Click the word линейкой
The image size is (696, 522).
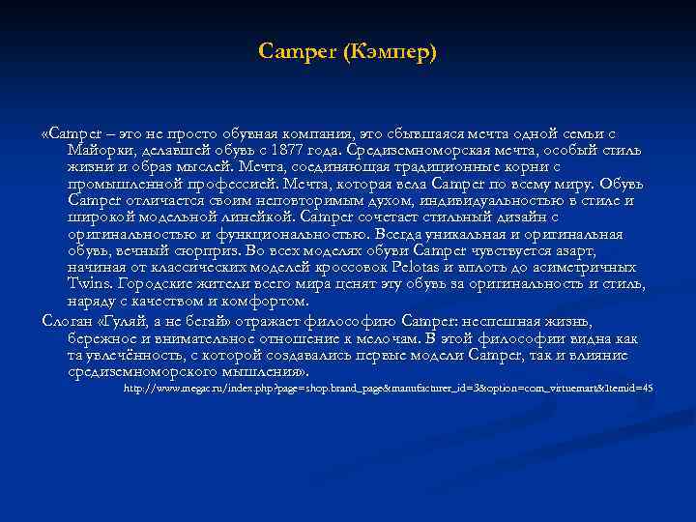tap(265, 216)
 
